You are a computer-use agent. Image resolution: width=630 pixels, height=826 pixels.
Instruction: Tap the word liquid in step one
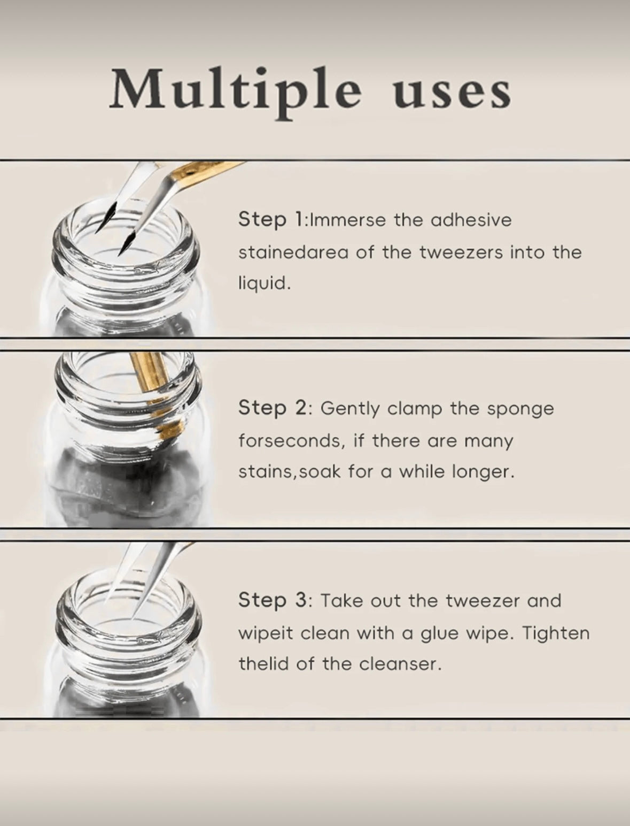(x=265, y=284)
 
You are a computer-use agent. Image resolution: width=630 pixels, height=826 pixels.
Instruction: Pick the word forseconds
(x=292, y=441)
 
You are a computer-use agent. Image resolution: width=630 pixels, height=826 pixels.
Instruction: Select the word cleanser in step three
(x=400, y=664)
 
